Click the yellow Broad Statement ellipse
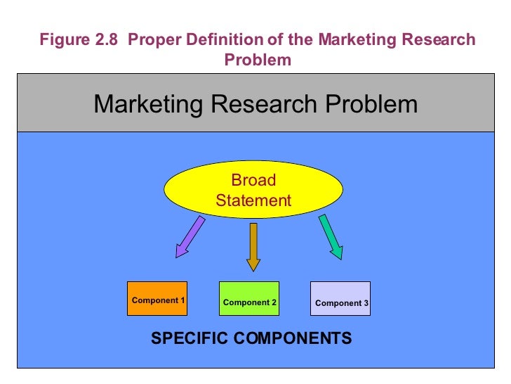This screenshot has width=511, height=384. [x=253, y=190]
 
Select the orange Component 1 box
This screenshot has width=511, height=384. [x=158, y=298]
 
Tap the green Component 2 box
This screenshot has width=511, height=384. [x=249, y=298]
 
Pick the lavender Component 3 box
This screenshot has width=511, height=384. [x=340, y=298]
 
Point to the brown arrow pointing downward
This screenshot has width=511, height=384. [x=253, y=246]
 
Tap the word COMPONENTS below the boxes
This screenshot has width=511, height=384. [x=293, y=338]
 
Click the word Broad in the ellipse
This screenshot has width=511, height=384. [x=253, y=180]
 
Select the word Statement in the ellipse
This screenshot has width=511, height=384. [x=253, y=200]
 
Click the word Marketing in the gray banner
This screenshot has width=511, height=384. [x=145, y=105]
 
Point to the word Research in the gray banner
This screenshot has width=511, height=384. [x=264, y=105]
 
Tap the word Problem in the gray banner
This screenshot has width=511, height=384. [x=371, y=105]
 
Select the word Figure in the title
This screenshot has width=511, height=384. [x=65, y=40]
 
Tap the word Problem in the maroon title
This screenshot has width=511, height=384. [x=258, y=60]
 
